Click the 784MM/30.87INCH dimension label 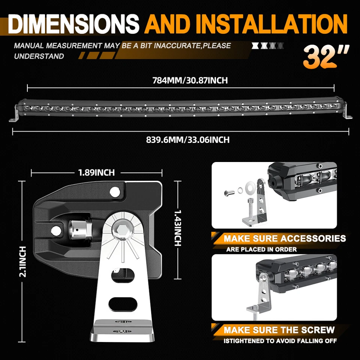pyautogui.click(x=190, y=80)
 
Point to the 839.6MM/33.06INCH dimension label pyautogui.click(x=187, y=140)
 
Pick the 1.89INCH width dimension pyautogui.click(x=96, y=172)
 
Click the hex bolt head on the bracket pyautogui.click(x=121, y=232)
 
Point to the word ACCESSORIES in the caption pyautogui.click(x=313, y=238)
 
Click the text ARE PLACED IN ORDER pyautogui.click(x=261, y=249)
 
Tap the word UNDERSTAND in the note pyautogui.click(x=39, y=56)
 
